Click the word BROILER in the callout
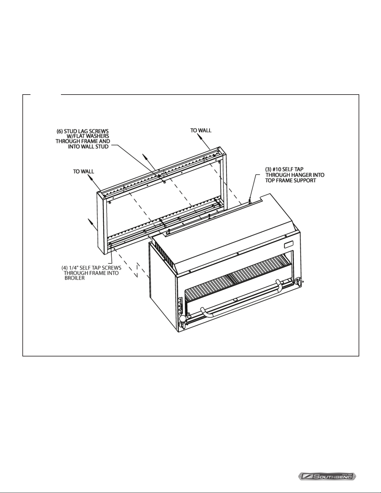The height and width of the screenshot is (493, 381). [x=74, y=278]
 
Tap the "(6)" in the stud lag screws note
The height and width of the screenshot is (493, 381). [x=60, y=131]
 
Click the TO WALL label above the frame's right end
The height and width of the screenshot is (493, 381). [x=201, y=130]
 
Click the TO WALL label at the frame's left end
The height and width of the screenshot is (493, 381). [x=83, y=171]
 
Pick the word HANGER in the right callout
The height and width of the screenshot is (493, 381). [x=299, y=175]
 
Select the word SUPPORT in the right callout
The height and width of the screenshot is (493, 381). [x=305, y=181]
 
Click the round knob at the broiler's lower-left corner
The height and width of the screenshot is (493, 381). [x=182, y=318]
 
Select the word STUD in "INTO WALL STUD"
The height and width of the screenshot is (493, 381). [x=103, y=147]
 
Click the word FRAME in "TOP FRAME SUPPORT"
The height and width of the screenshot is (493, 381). [x=284, y=181]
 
